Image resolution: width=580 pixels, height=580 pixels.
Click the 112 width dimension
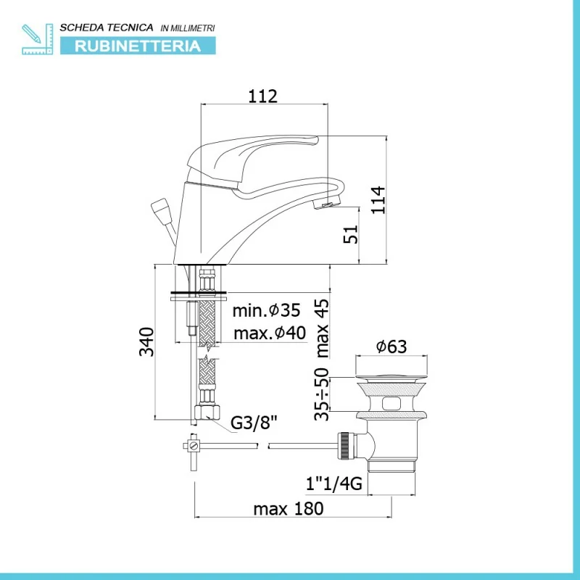pyautogui.click(x=262, y=96)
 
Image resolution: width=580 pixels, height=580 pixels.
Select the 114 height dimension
pyautogui.click(x=378, y=200)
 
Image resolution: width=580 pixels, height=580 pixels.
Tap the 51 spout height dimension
pyautogui.click(x=351, y=233)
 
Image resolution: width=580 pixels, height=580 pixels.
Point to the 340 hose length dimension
pyautogui.click(x=146, y=341)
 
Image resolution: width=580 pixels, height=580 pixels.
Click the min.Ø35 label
pyautogui.click(x=266, y=310)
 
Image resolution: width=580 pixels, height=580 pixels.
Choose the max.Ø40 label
pyautogui.click(x=270, y=333)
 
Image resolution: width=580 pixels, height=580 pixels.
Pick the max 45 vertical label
pyautogui.click(x=322, y=328)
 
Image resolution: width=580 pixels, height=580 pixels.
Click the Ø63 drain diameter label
pyautogui.click(x=391, y=347)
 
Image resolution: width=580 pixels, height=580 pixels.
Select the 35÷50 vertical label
pyautogui.click(x=321, y=394)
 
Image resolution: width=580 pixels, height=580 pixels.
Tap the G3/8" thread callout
pyautogui.click(x=254, y=423)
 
